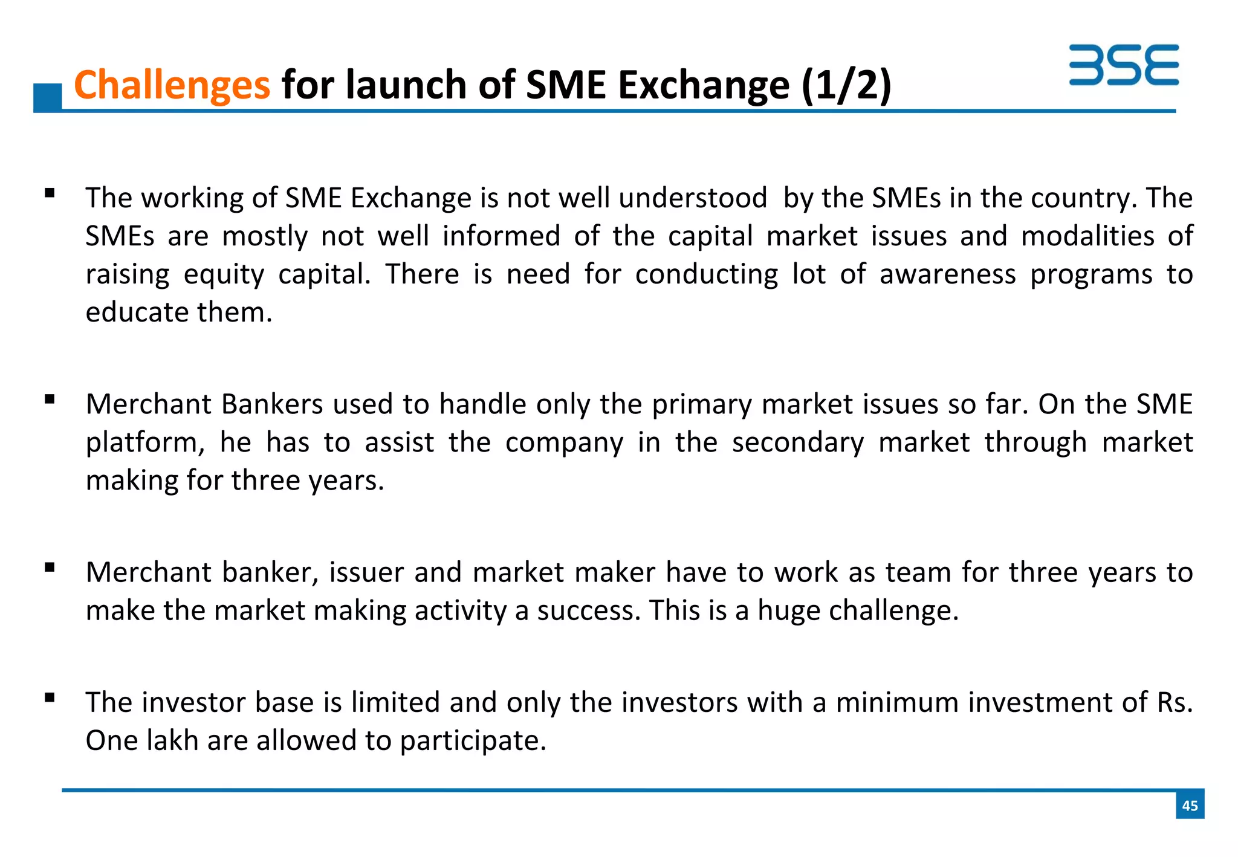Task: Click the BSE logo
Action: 1123,65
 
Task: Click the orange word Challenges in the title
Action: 172,85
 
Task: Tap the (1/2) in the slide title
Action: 846,85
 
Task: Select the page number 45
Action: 1190,805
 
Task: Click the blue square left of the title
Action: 47,97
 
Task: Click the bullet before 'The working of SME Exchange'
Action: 50,194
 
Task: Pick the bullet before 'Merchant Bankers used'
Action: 50,399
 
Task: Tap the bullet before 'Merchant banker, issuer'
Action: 50,568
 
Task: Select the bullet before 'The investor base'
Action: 50,698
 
